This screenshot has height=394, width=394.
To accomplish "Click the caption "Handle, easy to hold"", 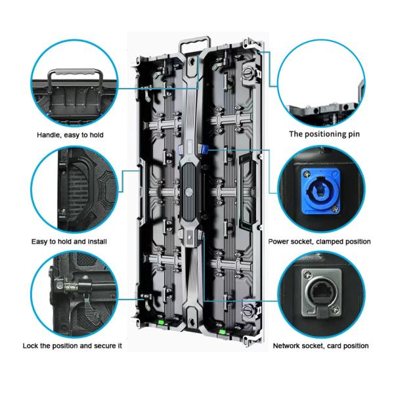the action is (x=70, y=135).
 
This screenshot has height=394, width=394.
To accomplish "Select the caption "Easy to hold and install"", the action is (x=69, y=242).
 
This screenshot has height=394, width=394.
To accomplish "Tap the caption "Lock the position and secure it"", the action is (x=72, y=346).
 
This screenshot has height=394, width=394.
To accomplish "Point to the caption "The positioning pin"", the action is (x=324, y=134).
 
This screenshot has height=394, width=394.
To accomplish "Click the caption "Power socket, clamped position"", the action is (x=319, y=242).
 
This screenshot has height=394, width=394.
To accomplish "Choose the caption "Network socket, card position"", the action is (x=320, y=346).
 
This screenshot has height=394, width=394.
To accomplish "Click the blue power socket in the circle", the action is (x=320, y=191).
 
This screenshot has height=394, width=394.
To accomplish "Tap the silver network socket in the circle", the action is (x=322, y=293).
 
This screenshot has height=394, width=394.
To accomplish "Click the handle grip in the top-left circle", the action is (x=75, y=72).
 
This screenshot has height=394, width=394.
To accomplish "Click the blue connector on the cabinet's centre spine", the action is (x=203, y=150).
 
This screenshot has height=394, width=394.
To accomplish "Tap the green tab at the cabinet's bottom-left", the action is (x=161, y=322).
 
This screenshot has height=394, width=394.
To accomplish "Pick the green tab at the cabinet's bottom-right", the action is (x=223, y=332).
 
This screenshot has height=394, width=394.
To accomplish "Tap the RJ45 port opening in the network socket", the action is (x=322, y=292).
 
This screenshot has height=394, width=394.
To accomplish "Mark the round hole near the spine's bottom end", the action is (x=192, y=321).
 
